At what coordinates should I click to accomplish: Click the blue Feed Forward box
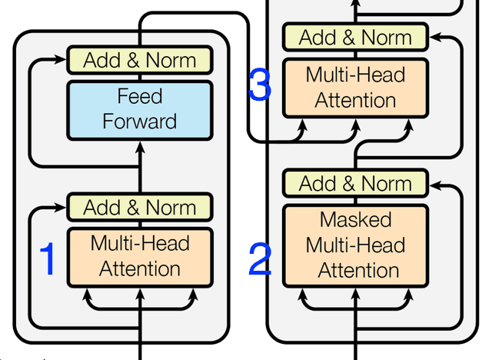coord(139,109)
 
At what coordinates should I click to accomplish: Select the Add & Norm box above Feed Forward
coord(139,60)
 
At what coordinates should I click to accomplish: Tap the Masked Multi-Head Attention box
coord(356,245)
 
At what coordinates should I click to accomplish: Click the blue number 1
coord(48,259)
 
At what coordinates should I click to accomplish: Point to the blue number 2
coord(260,261)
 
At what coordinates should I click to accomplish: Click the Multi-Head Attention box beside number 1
coord(139,256)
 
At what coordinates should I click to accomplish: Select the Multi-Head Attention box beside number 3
coord(356,88)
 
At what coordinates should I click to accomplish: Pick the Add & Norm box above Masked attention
coord(356,184)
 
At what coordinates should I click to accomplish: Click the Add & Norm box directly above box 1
coord(139,208)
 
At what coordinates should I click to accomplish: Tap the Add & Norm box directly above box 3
coord(356,37)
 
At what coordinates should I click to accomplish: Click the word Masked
coord(356,219)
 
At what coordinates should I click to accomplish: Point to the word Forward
coord(139,121)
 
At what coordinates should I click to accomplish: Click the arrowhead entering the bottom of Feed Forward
coord(139,146)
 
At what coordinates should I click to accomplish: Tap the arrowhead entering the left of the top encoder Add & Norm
coord(61,59)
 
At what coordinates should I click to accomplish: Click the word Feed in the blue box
coord(139,96)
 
